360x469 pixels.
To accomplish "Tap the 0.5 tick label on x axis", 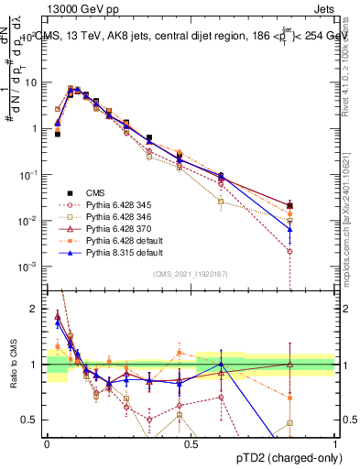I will click(191, 442).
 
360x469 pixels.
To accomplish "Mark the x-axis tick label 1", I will click(335, 442).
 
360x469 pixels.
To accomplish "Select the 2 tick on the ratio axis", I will click(37, 309).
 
